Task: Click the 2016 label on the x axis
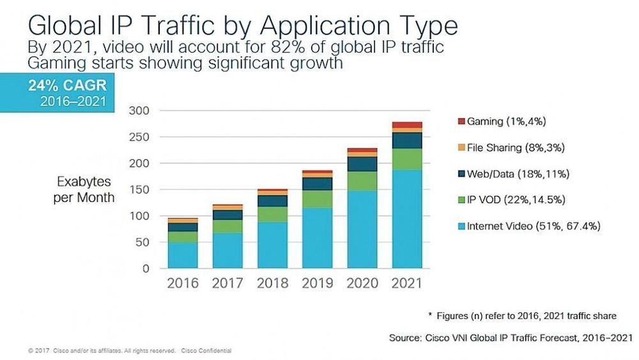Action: click(x=183, y=283)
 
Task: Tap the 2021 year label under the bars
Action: click(x=408, y=283)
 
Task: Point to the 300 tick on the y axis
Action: click(x=140, y=111)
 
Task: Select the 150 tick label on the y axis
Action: click(x=140, y=190)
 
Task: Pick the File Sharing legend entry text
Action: click(x=515, y=147)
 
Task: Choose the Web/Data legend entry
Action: click(x=518, y=174)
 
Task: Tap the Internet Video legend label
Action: click(x=532, y=226)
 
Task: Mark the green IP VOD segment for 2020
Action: click(x=362, y=181)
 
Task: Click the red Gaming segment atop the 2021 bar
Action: click(x=408, y=125)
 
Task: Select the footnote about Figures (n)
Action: click(x=523, y=316)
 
